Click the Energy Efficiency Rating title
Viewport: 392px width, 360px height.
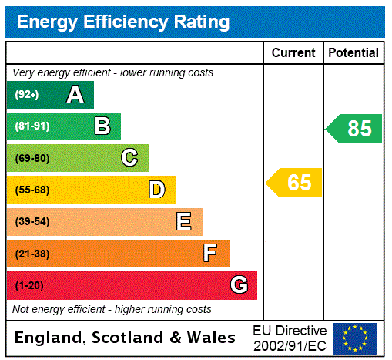[x=123, y=22]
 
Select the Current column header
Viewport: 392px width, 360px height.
[x=293, y=53]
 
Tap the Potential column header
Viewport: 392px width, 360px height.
[x=353, y=53]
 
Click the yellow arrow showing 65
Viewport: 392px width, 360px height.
[x=295, y=183]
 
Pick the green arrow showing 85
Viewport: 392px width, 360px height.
[x=355, y=128]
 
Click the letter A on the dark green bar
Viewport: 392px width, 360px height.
[x=75, y=95]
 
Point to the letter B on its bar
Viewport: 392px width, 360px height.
[x=102, y=126]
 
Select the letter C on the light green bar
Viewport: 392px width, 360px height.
[x=129, y=158]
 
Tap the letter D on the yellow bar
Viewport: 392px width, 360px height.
[x=156, y=190]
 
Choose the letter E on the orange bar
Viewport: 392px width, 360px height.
[x=184, y=222]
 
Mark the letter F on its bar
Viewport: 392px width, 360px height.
[x=210, y=254]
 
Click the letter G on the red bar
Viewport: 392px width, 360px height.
[x=239, y=285]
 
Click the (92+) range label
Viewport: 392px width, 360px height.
[x=27, y=95]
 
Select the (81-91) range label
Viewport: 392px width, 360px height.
[x=32, y=126]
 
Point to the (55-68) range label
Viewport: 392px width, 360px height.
[x=32, y=190]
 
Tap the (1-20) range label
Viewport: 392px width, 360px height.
[x=29, y=285]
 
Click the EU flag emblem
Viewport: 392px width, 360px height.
[x=355, y=338]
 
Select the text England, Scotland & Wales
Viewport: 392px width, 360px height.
[x=126, y=338]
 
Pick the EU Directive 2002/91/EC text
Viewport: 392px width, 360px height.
[x=290, y=338]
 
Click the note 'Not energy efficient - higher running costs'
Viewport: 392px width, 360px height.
[x=112, y=309]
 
